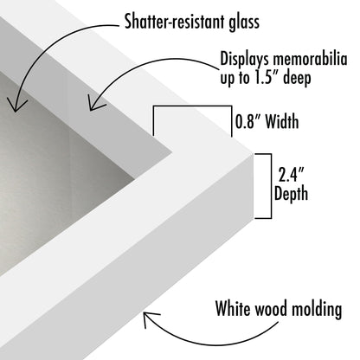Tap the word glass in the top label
(x=244, y=22)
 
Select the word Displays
(x=245, y=60)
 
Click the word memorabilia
(x=310, y=59)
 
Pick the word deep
(x=297, y=79)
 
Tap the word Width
(x=282, y=121)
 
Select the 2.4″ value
(x=291, y=174)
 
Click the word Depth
(x=291, y=194)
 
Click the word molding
(x=317, y=310)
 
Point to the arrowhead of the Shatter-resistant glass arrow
(x=16, y=106)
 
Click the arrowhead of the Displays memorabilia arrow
(x=93, y=105)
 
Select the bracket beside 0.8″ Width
(x=192, y=106)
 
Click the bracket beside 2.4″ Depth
(x=271, y=186)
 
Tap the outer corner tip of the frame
(x=253, y=154)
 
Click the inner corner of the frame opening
(x=172, y=152)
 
